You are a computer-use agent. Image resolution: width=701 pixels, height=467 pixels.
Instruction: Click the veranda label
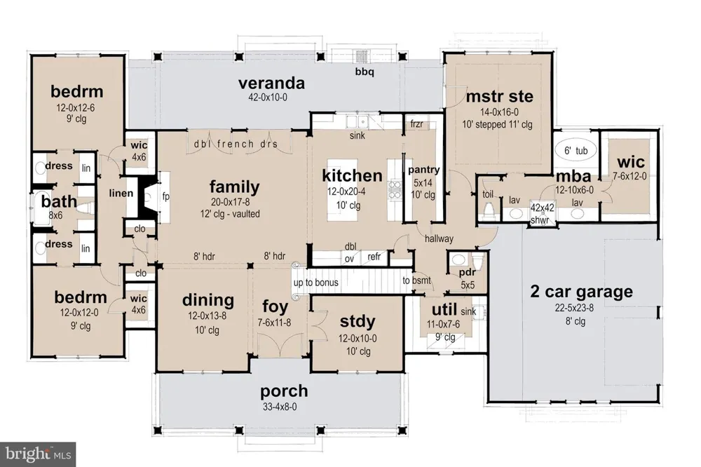click(x=271, y=83)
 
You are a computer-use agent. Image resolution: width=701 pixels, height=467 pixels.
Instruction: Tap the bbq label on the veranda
click(x=365, y=72)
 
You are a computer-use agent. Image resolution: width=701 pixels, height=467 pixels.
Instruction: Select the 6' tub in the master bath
click(x=576, y=150)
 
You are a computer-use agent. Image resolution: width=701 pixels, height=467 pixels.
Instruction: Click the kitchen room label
click(x=353, y=175)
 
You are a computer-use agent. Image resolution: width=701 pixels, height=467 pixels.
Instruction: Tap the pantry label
click(x=424, y=170)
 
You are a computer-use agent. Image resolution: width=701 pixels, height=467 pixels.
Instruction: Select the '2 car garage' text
click(x=581, y=292)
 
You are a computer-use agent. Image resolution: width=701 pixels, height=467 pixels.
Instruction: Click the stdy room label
click(x=358, y=322)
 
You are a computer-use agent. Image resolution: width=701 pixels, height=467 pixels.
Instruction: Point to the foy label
click(x=275, y=306)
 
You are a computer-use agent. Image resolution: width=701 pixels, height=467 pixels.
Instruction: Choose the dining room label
click(x=208, y=300)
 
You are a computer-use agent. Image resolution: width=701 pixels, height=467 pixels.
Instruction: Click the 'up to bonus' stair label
click(x=315, y=283)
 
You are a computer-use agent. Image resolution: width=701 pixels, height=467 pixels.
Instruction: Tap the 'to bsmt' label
click(x=416, y=280)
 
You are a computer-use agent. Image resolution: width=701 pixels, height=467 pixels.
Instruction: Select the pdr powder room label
click(x=467, y=272)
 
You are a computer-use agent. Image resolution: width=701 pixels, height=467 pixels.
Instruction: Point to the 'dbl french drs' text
click(x=236, y=144)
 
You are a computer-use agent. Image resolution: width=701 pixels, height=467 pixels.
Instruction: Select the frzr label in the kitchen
click(x=416, y=124)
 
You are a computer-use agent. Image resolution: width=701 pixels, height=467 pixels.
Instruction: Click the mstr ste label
click(x=499, y=97)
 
